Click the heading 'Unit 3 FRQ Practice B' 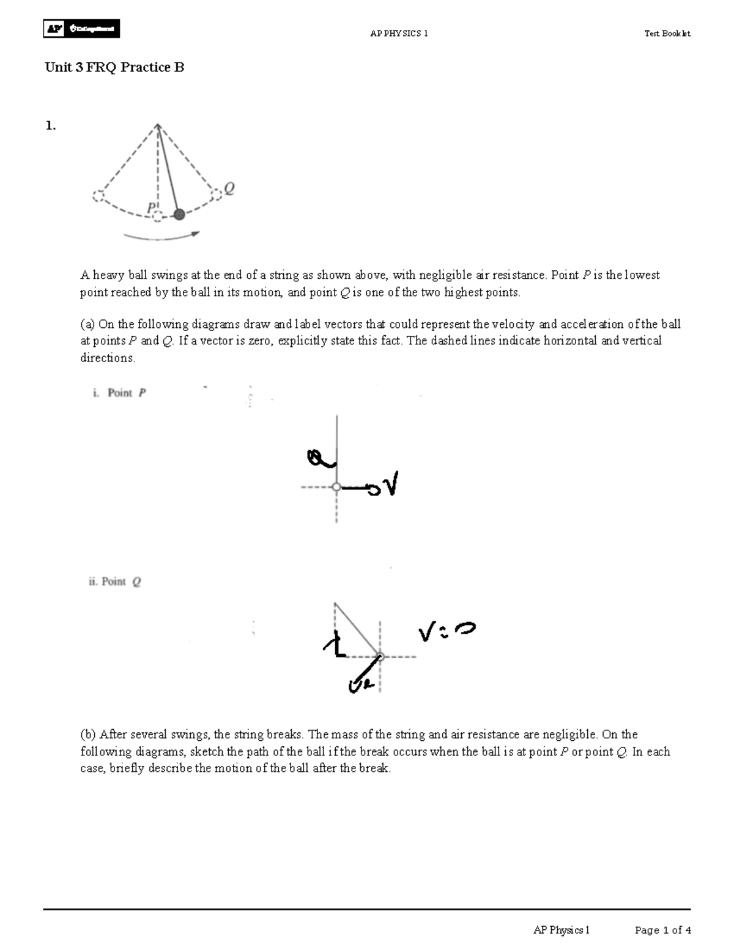coord(114,67)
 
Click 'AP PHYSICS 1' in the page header coord(399,34)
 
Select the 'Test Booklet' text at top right coord(667,34)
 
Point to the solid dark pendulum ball coord(179,214)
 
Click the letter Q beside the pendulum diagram coord(229,188)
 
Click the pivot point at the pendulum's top coord(158,125)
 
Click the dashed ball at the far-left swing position coord(98,196)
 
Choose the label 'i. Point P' coord(120,393)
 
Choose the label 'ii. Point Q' coord(115,582)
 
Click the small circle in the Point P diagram coord(336,487)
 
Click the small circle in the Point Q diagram coord(380,657)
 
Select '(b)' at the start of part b coord(89,734)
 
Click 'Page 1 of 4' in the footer coord(662,930)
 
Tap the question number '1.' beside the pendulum coord(51,126)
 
